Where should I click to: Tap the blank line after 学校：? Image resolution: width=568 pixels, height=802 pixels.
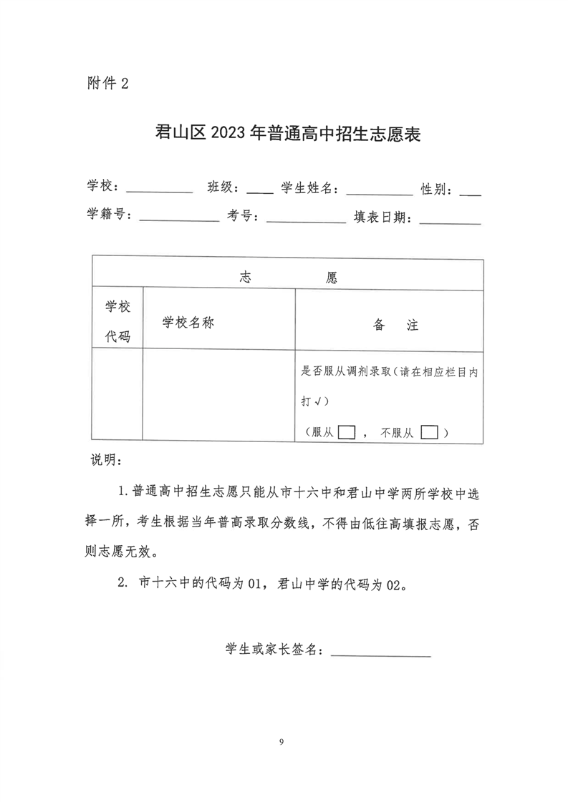click(159, 190)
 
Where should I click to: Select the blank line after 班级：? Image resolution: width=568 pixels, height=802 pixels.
click(259, 190)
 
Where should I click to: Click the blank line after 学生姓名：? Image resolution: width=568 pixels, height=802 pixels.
click(379, 190)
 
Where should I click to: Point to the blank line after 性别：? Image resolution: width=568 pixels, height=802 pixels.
click(470, 190)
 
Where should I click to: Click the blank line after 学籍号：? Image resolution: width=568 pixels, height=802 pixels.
click(179, 219)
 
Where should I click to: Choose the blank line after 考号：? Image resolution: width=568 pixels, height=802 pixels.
click(306, 219)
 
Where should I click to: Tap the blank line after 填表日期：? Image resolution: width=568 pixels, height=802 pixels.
click(450, 219)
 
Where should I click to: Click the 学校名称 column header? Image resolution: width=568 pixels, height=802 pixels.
click(188, 322)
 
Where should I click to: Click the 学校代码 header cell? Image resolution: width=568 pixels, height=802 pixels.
click(118, 321)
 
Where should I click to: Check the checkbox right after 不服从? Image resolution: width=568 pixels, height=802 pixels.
click(430, 432)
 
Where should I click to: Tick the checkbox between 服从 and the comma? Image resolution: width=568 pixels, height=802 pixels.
click(347, 432)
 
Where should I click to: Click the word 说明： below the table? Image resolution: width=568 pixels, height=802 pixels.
click(107, 459)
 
